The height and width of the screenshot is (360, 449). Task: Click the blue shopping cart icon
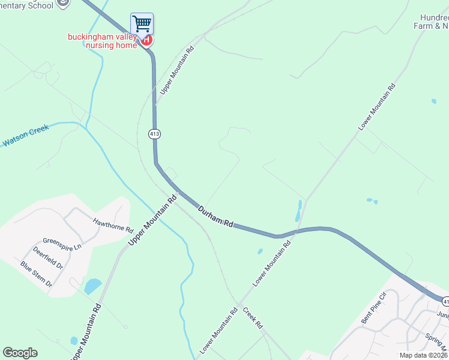142,24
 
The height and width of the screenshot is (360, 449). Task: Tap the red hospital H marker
146,41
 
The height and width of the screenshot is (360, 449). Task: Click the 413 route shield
155,133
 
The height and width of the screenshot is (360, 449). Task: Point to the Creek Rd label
253,318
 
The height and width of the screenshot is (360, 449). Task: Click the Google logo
20,353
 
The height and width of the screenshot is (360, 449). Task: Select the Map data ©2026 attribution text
424,355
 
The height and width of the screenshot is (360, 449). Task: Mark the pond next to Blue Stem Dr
92,286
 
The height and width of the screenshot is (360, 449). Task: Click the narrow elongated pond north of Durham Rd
299,211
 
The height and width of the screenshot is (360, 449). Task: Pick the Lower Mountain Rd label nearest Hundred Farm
377,107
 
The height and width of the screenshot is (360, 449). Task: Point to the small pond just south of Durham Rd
259,251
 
